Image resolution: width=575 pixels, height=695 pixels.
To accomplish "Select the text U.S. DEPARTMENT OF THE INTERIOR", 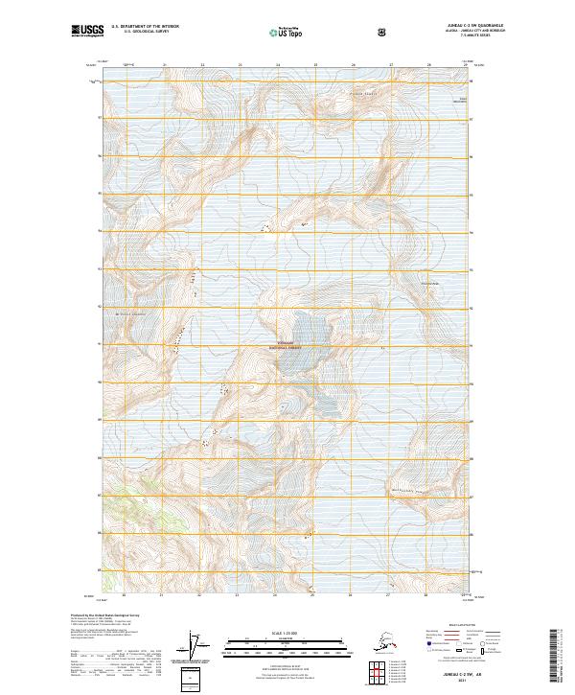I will pos(145,27).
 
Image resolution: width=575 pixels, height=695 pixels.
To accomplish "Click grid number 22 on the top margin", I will pos(202,65).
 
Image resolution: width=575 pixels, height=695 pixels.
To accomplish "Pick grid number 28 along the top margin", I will pos(428,65).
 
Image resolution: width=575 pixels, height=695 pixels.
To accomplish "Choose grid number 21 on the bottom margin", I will pos(164,595).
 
